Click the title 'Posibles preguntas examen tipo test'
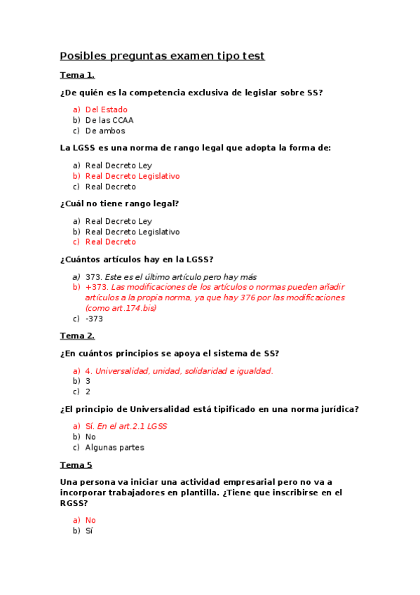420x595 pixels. click(x=162, y=56)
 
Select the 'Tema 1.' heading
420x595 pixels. click(x=77, y=76)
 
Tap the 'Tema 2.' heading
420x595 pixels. click(x=77, y=336)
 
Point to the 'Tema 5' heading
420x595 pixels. click(x=76, y=465)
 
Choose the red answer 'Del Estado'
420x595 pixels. click(x=107, y=110)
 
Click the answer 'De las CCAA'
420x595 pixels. click(x=109, y=121)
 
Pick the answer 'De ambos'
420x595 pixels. click(x=105, y=131)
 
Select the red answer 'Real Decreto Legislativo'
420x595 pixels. click(x=133, y=177)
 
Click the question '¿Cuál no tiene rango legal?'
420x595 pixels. click(x=119, y=204)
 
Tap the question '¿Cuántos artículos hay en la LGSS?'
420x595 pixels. click(x=137, y=260)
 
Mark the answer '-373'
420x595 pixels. click(x=94, y=319)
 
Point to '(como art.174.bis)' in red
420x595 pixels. click(x=121, y=308)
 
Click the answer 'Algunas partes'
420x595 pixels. click(x=115, y=448)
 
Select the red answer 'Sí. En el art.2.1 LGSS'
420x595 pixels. click(x=126, y=427)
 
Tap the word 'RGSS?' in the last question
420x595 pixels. click(x=74, y=503)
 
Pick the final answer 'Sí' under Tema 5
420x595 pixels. click(x=89, y=531)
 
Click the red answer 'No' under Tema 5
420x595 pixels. click(x=90, y=521)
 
